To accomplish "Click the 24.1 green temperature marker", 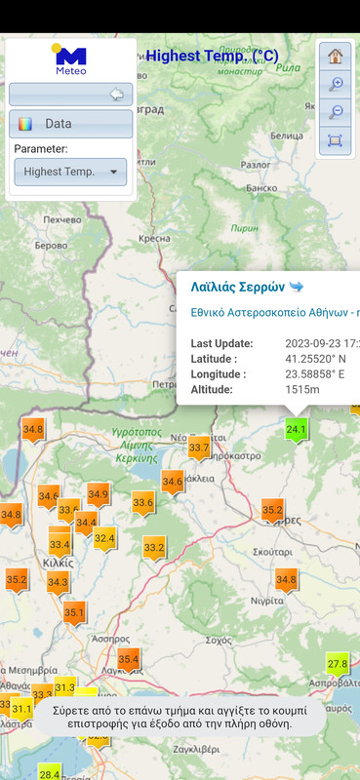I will (x=297, y=429).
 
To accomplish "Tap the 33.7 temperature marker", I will (x=199, y=448).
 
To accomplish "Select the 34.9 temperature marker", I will (x=98, y=495).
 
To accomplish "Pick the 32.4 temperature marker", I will (x=104, y=537).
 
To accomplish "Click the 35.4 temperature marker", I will (x=128, y=660).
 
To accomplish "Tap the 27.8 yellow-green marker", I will (x=338, y=664).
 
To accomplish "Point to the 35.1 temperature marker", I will (x=74, y=612).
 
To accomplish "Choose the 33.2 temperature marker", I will (x=154, y=548).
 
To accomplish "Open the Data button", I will (x=70, y=124).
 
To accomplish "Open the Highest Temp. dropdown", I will (x=70, y=172).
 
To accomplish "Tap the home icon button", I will (x=335, y=57).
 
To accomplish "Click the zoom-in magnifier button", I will (x=335, y=84).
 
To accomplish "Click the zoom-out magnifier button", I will (x=335, y=112).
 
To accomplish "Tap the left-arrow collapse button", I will (x=117, y=95).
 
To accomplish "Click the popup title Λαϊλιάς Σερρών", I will (x=237, y=288).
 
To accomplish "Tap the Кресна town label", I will (x=156, y=238).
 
